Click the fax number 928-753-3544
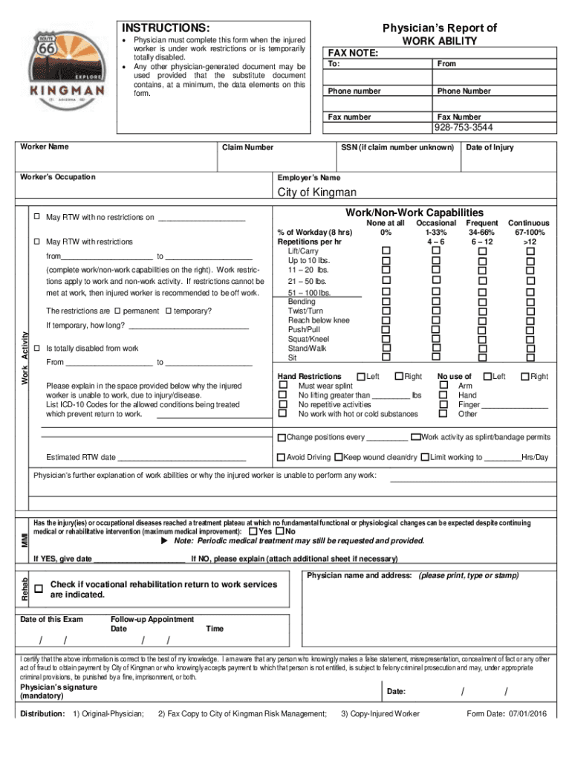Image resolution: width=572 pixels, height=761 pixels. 463,127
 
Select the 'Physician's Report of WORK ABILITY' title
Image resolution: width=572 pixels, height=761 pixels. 439,34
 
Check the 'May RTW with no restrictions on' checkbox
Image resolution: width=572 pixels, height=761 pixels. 36,217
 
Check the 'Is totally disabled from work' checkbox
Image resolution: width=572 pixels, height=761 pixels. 36,348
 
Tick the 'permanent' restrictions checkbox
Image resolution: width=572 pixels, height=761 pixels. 117,311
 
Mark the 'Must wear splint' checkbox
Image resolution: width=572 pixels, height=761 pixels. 282,386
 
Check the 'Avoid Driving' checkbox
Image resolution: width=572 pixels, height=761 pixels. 281,457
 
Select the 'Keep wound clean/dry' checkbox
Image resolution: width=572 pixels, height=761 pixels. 338,457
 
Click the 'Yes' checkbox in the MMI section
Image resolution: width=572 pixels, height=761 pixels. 253,531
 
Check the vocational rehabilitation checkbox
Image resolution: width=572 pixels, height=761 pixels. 39,589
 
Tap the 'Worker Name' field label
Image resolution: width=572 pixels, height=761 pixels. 44,146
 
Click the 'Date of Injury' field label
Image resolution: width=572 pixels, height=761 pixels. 489,147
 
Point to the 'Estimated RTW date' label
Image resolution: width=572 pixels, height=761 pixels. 80,457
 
